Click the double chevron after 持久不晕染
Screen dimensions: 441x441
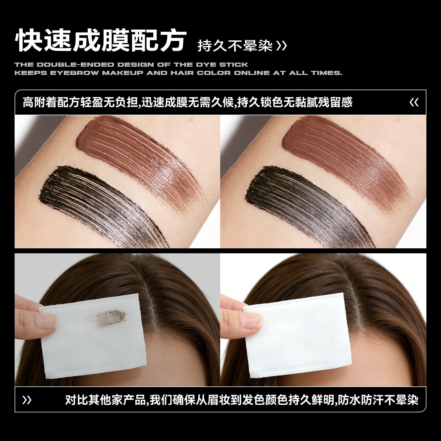point(281,46)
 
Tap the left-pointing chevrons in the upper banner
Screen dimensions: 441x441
point(414,103)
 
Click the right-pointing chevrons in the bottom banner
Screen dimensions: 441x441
point(27,400)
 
